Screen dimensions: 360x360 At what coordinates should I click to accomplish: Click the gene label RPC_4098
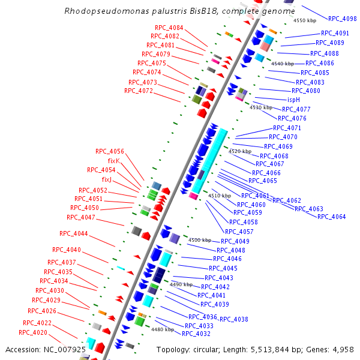342,19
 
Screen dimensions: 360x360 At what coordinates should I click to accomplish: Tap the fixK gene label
114,161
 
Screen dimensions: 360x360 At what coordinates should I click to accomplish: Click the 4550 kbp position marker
304,21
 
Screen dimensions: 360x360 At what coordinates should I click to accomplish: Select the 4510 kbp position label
219,196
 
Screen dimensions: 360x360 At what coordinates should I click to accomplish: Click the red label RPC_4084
169,28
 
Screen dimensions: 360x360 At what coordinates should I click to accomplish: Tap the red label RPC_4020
33,332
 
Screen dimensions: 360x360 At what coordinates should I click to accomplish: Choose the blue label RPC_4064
331,217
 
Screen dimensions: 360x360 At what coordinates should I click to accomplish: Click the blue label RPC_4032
196,334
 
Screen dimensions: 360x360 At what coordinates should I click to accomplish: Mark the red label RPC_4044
74,233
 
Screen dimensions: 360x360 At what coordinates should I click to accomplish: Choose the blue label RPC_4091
335,34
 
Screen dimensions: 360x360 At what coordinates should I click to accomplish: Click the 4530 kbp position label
261,108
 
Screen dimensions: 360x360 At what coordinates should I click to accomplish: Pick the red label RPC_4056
110,151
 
